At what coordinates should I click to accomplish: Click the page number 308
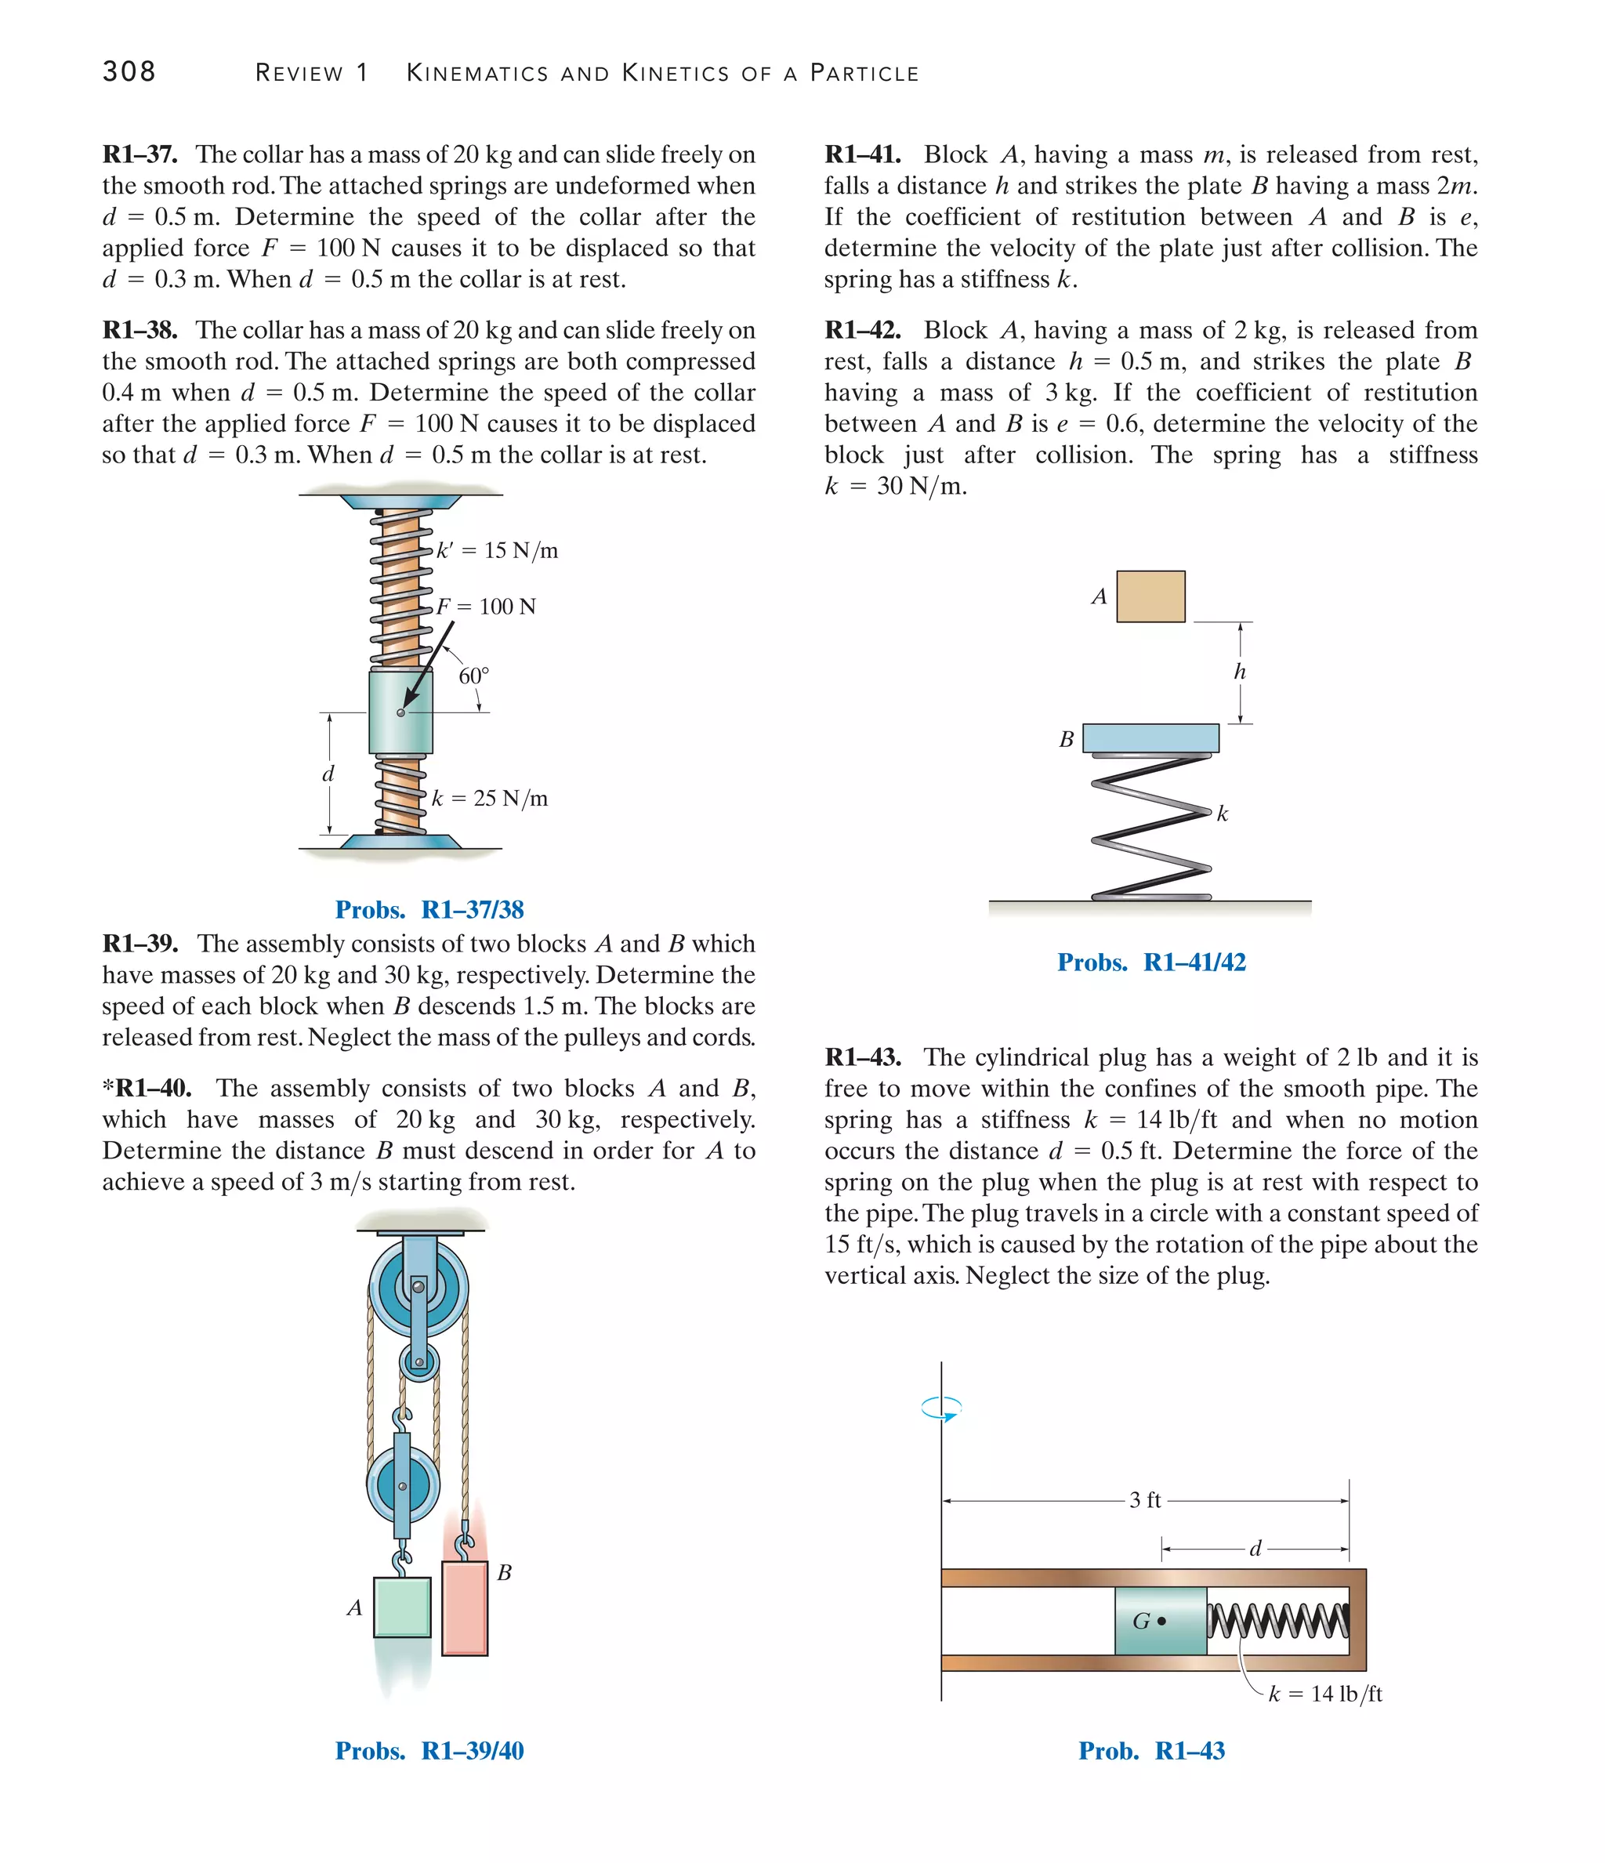point(129,72)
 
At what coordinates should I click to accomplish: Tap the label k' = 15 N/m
point(497,550)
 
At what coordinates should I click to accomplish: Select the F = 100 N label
point(487,607)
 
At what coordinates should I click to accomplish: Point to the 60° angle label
point(474,676)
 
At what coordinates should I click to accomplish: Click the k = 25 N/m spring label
point(490,799)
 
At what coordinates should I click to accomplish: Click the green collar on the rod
point(400,712)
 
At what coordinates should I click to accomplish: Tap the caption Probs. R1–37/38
point(429,910)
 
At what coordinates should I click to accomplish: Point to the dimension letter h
point(1240,672)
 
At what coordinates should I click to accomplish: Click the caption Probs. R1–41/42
point(1151,962)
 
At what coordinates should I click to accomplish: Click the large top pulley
point(418,1288)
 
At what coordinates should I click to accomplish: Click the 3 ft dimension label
point(1145,1500)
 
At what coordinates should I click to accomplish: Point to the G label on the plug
point(1141,1621)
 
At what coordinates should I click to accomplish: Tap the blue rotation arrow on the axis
point(941,1408)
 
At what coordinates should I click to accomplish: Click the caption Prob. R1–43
point(1151,1751)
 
